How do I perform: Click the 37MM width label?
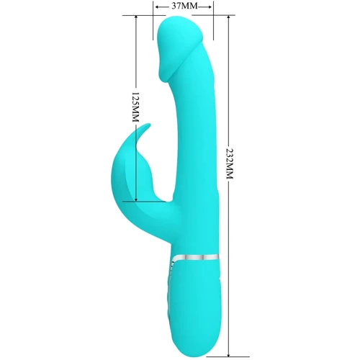(184, 6)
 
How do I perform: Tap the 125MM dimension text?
(136, 107)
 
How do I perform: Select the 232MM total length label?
(229, 163)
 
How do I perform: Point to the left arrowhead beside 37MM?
(158, 6)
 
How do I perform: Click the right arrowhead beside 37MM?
(210, 6)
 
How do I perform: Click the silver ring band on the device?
(195, 257)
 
